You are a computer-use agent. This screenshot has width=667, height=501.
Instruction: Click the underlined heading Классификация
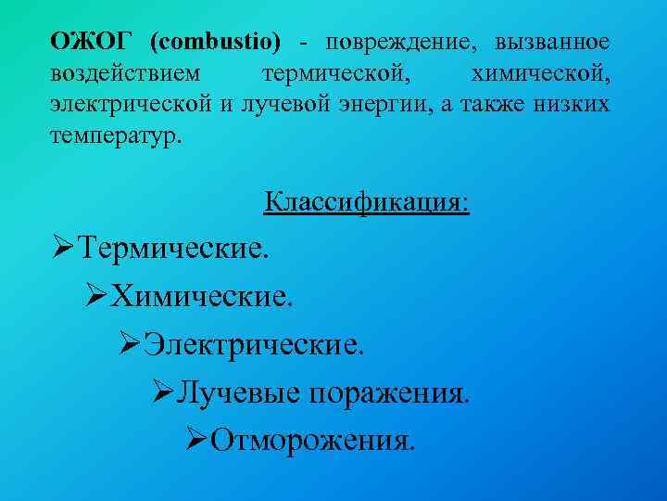(367, 201)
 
